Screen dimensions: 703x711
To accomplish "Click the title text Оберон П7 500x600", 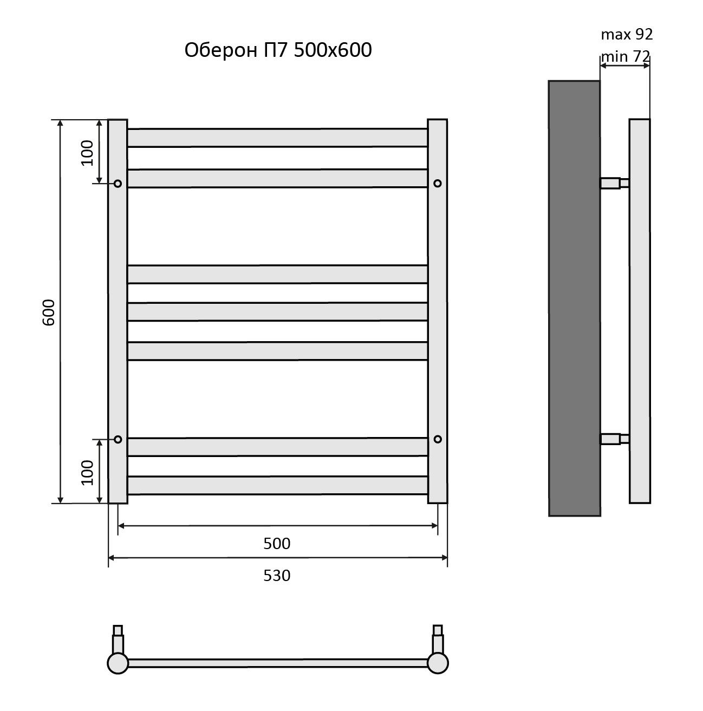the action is click(277, 50).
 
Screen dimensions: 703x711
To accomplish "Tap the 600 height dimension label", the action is click(49, 312).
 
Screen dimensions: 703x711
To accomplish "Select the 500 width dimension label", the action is click(277, 544).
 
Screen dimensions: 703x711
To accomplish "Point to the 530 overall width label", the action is click(277, 576).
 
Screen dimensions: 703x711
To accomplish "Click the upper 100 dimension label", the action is click(87, 153).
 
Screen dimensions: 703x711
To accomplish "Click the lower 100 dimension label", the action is click(87, 472).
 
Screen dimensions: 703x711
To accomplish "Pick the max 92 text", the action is click(627, 34).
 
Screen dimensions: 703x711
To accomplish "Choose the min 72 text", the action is click(625, 56).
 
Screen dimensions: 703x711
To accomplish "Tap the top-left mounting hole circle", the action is click(118, 184).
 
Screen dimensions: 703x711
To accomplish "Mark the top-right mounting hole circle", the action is click(437, 184).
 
